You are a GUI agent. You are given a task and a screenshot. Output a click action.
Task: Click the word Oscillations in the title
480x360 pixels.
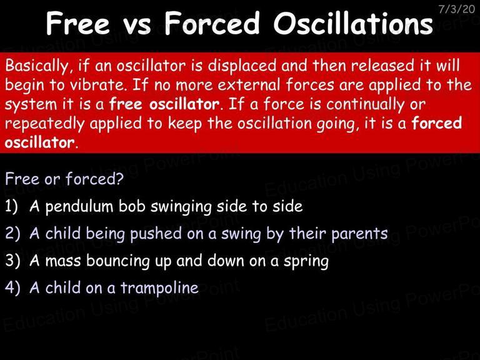353,23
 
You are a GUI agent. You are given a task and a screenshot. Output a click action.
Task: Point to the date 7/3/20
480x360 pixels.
457,9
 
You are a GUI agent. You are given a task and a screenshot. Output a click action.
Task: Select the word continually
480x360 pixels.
365,104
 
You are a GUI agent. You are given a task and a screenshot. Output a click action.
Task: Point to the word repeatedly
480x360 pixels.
44,124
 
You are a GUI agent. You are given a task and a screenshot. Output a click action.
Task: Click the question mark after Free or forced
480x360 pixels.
119,179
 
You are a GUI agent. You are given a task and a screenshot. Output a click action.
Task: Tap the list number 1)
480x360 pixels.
12,206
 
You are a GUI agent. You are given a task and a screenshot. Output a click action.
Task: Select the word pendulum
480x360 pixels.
79,207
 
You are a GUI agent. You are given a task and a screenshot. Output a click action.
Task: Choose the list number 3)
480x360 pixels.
12,261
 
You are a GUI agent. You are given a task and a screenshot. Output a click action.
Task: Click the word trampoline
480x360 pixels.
159,288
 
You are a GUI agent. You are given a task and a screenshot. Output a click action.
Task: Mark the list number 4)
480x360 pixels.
12,287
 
